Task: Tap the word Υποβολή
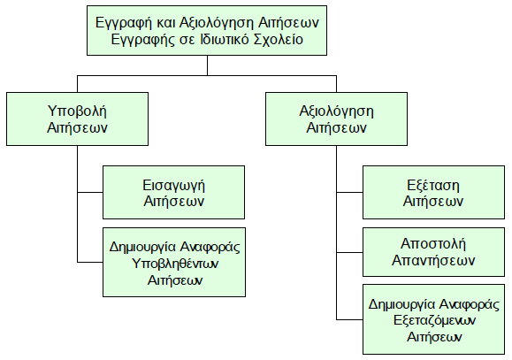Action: point(77,111)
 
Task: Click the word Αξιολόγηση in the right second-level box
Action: point(336,111)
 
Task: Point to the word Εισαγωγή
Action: point(173,186)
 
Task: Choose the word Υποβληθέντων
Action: point(175,264)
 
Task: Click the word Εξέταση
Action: point(433,186)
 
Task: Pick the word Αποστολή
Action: point(433,244)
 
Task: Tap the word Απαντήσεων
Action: point(433,260)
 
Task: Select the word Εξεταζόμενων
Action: point(434,320)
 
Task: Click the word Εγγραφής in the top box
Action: point(142,40)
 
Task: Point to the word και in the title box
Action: point(166,23)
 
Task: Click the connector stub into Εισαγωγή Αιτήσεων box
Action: point(90,193)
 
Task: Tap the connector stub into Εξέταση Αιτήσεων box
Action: point(349,193)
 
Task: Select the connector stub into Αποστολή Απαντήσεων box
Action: point(349,252)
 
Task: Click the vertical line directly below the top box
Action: point(207,65)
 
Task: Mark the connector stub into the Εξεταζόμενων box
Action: point(349,319)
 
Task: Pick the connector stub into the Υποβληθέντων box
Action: point(90,262)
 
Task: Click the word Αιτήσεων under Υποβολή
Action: point(77,127)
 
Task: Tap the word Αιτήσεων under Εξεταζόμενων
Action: point(434,336)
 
